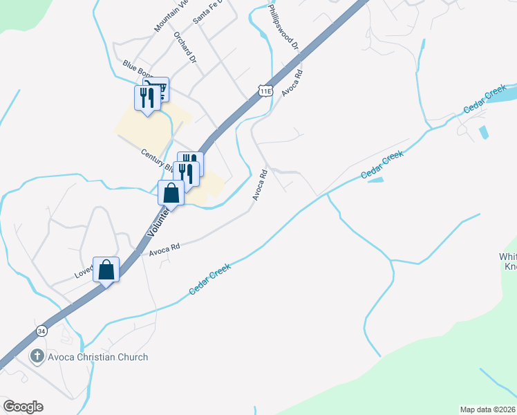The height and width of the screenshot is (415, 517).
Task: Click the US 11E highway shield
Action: pos(265,90)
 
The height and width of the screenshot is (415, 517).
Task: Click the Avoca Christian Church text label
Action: pos(98,357)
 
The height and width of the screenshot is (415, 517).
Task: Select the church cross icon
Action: pos(37,357)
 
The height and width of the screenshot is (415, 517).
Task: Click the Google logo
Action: pos(23,407)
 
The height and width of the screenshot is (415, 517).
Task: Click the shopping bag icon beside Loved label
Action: pos(106,269)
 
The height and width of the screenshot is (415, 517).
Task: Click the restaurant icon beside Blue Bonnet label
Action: pos(147,97)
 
